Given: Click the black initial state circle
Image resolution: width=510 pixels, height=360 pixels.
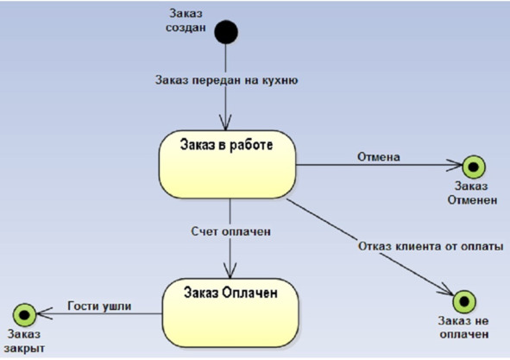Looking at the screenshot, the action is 226,32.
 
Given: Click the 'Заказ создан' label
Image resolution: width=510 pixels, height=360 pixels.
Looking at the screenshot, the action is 186,21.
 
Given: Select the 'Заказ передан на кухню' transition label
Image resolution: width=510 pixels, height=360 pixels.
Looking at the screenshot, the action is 226,80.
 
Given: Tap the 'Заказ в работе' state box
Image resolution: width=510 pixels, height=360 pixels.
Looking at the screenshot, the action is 227,164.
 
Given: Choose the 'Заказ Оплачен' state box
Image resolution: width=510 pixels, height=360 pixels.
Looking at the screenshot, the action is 230,313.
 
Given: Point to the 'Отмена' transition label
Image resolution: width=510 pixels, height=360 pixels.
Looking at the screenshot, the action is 379,157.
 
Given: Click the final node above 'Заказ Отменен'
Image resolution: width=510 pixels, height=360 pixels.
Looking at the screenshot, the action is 474,167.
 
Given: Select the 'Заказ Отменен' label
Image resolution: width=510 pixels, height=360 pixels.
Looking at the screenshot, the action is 472,193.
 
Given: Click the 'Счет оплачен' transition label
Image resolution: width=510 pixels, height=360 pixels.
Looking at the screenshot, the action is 231,231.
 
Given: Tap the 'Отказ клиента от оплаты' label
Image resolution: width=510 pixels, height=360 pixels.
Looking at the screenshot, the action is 431,246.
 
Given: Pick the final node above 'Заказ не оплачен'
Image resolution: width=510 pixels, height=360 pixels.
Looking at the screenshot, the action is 464,302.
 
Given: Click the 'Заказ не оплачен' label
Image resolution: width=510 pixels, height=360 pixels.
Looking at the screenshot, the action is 463,327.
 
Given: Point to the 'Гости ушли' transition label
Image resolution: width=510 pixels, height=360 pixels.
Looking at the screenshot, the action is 99,306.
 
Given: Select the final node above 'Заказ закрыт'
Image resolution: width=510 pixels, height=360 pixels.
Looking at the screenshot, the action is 24,315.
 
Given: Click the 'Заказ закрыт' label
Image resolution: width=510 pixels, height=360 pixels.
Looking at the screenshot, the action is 24,341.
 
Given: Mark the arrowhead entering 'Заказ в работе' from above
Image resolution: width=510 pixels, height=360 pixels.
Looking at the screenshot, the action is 225,123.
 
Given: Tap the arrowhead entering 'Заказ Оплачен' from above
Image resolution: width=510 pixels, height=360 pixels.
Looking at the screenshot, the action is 230,271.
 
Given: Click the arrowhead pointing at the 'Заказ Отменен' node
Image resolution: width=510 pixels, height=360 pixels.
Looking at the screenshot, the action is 454,165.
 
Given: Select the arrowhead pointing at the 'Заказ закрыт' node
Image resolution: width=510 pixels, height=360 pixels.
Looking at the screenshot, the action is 45,313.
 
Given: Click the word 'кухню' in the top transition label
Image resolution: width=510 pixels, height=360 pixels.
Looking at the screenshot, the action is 280,80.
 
